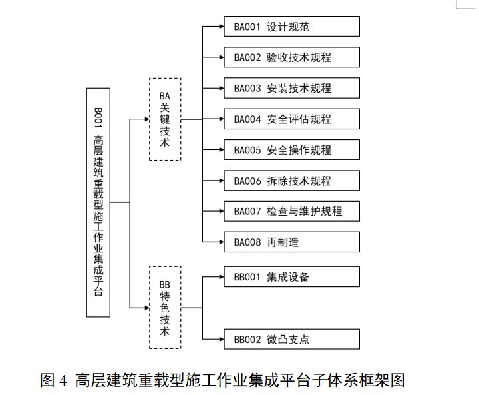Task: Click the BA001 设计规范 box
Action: [291, 27]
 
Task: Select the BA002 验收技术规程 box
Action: [291, 57]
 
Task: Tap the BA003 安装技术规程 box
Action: [291, 88]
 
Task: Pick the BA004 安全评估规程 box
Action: [291, 119]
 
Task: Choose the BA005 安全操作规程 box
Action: [291, 150]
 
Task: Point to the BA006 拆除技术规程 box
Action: [291, 181]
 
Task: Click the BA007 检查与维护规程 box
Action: [291, 211]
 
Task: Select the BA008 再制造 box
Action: [291, 242]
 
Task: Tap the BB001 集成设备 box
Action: [291, 277]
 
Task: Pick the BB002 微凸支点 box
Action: [291, 340]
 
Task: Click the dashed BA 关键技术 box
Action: [165, 119]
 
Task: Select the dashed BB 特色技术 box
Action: [165, 307]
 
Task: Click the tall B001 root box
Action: [98, 202]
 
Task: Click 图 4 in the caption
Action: [54, 380]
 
